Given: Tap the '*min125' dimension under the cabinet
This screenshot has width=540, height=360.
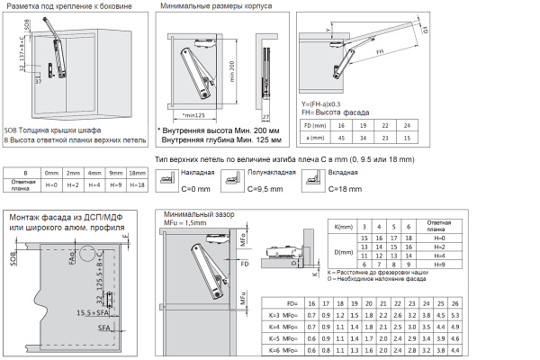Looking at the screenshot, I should click(192, 115).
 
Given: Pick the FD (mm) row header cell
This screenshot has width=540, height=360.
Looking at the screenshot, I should click(314, 125).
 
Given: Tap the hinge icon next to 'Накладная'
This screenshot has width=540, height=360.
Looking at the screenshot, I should click(166, 180).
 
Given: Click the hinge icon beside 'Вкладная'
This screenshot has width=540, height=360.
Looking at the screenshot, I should click(310, 180).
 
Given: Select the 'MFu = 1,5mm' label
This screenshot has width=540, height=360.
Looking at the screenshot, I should click(180, 222).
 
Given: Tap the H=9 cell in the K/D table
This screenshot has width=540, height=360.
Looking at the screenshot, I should click(440, 265).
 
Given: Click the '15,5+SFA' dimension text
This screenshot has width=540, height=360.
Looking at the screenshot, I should click(92, 311).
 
